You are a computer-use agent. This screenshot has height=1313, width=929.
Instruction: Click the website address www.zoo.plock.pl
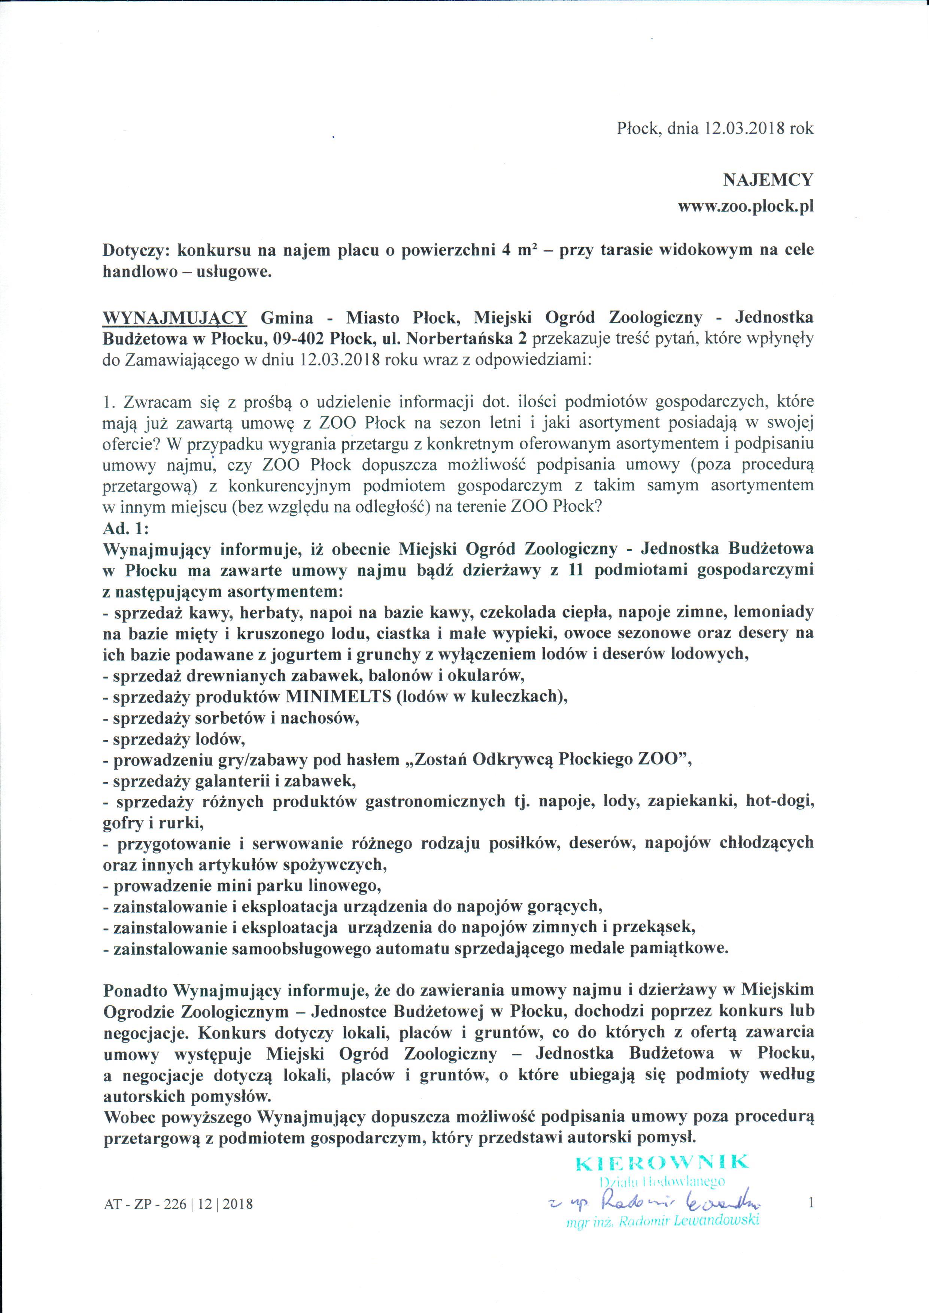pos(746,206)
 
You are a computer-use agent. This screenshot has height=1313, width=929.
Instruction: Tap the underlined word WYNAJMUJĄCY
pos(174,317)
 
